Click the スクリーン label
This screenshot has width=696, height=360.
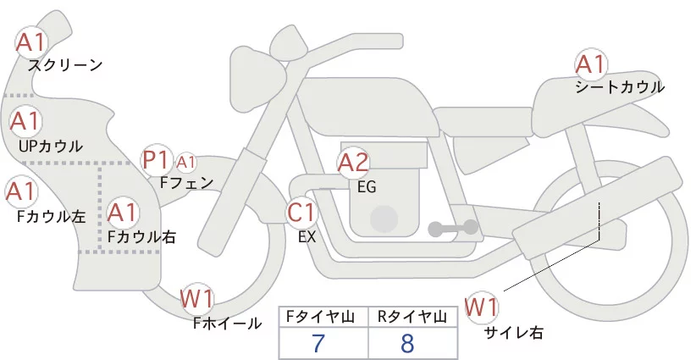(x=65, y=65)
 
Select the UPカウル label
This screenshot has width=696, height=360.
(x=51, y=147)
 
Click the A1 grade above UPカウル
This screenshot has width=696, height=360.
(x=25, y=122)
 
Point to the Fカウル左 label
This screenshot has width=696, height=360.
(x=52, y=216)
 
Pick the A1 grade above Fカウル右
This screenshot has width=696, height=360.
(x=124, y=212)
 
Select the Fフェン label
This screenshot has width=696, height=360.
(x=186, y=181)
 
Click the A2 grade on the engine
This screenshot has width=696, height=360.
(x=353, y=162)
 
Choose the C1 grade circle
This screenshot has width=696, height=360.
(x=301, y=212)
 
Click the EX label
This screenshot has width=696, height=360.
(x=307, y=237)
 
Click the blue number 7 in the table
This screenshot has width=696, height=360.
(x=318, y=344)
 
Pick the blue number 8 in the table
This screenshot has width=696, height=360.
(x=409, y=344)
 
